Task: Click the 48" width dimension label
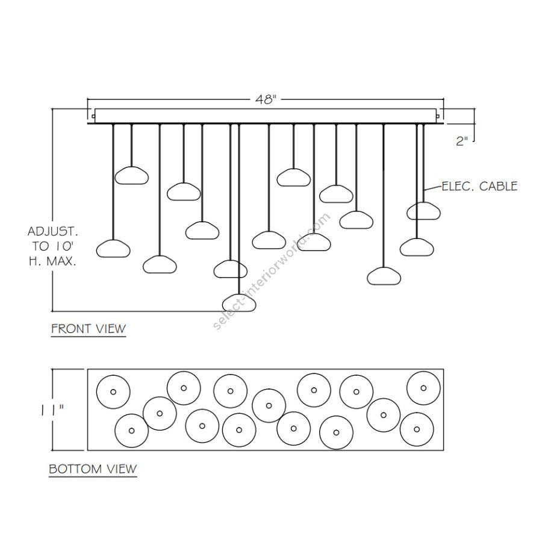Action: point(265,101)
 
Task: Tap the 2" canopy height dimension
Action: point(462,142)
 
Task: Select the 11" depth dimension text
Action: point(54,410)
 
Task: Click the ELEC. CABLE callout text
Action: point(479,186)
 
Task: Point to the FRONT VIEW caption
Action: point(89,329)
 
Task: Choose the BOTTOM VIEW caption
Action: point(93,469)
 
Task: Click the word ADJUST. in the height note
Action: point(53,231)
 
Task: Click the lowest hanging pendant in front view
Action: point(240,302)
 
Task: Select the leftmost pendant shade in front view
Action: point(114,248)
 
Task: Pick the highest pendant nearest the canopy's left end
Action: point(132,175)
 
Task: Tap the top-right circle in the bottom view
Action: point(423,388)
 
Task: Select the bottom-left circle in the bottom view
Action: point(131,430)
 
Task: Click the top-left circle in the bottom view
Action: point(112,391)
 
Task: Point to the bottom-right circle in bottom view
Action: point(417,429)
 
